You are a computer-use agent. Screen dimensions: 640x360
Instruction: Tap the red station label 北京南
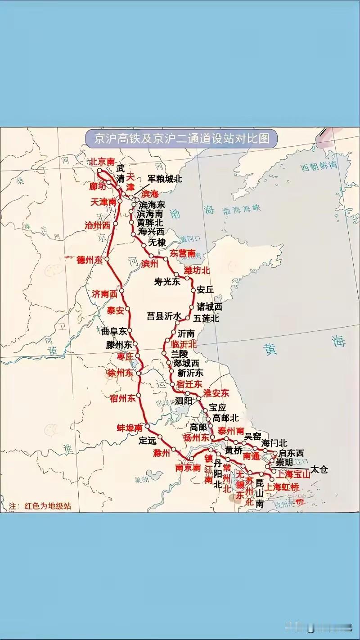tap(102, 162)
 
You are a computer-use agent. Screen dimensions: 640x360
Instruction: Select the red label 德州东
tap(90, 260)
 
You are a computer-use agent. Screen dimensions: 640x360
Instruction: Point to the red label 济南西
tap(104, 294)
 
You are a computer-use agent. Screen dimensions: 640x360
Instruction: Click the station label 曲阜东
tap(114, 332)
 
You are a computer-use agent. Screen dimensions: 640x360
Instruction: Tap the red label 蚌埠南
tap(130, 427)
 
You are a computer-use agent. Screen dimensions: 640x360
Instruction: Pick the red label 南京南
tap(188, 468)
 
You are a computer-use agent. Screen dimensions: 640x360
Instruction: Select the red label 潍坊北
tap(197, 270)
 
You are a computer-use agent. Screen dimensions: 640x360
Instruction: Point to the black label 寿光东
tap(167, 282)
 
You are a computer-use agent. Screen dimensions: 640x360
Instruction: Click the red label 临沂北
tap(184, 344)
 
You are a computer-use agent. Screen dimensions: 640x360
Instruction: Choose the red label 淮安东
tap(216, 393)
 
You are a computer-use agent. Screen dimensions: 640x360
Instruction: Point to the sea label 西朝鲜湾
tap(319, 167)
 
